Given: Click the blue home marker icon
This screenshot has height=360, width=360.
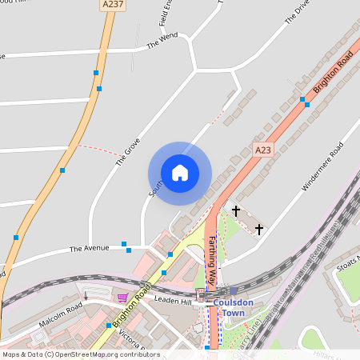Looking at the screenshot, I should (179, 173).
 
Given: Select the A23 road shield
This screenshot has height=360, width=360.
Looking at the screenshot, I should (263, 150).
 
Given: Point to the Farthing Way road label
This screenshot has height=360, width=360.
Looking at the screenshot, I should (212, 262).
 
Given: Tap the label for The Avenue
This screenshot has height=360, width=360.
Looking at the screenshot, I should (89, 248).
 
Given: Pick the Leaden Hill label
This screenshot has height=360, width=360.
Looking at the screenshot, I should (174, 301).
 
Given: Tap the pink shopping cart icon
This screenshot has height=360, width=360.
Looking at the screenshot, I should (122, 298).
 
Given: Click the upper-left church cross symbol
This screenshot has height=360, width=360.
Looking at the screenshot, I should (236, 210).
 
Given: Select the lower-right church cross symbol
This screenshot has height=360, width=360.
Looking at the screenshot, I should (258, 229).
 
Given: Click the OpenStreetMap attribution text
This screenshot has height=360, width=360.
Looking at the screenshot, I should (80, 354).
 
